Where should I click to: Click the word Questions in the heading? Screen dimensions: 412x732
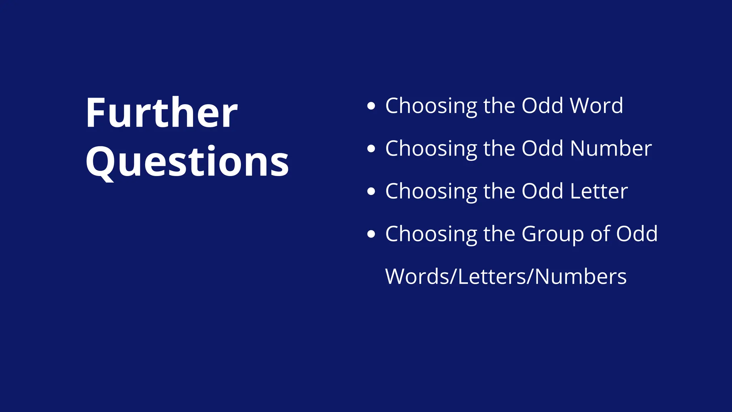(187, 162)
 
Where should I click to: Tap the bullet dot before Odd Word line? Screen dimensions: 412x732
(371, 106)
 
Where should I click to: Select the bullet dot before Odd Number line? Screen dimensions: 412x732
(371, 148)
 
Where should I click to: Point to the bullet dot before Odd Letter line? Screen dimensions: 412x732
(371, 191)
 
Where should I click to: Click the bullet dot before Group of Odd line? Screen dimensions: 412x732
(371, 234)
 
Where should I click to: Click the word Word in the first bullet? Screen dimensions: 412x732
(596, 106)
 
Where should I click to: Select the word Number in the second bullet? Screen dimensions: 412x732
(611, 148)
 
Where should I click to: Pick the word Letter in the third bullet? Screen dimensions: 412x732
(599, 191)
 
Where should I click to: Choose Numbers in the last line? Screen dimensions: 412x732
(580, 277)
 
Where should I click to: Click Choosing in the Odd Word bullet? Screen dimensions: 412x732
(431, 107)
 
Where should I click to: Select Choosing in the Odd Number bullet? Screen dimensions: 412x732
(431, 149)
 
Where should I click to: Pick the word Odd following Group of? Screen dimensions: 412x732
(637, 234)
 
